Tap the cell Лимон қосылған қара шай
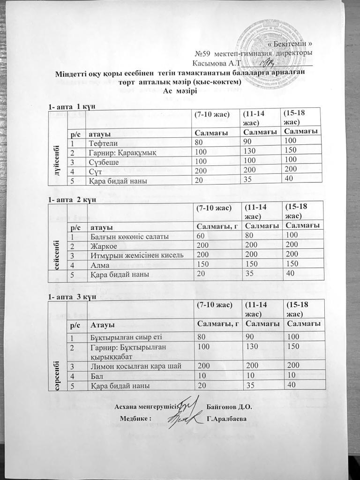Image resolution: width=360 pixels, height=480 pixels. [x=133, y=366]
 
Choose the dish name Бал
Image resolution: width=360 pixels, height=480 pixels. [x=96, y=376]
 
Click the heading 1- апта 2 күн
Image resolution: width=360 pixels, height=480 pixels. [x=72, y=200]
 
